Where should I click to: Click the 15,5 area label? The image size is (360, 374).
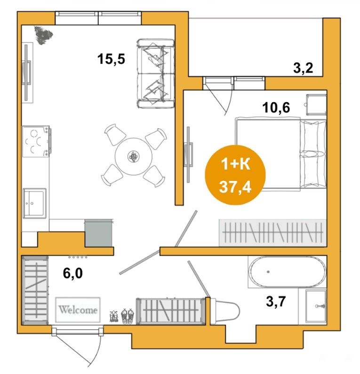(111, 59)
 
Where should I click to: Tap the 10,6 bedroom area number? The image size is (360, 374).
(276, 107)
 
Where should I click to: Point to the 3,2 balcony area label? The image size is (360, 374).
(303, 68)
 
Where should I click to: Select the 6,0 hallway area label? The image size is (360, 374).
(72, 273)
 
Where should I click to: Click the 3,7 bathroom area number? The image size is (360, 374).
(276, 301)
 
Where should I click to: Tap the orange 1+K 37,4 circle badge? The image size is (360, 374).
(235, 175)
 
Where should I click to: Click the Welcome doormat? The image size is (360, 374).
(78, 310)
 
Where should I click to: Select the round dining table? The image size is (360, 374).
(133, 156)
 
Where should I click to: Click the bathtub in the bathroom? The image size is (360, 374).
(287, 272)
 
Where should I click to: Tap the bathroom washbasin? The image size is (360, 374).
(316, 306)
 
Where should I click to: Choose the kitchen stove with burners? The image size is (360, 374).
(36, 141)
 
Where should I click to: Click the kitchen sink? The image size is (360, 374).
(34, 203)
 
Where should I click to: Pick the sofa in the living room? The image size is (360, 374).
(156, 73)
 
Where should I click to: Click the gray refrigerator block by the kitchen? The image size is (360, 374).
(98, 233)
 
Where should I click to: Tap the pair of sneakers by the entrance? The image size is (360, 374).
(127, 316)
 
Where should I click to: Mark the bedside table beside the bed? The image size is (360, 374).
(316, 105)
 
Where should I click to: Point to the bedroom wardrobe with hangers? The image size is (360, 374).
(272, 233)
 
